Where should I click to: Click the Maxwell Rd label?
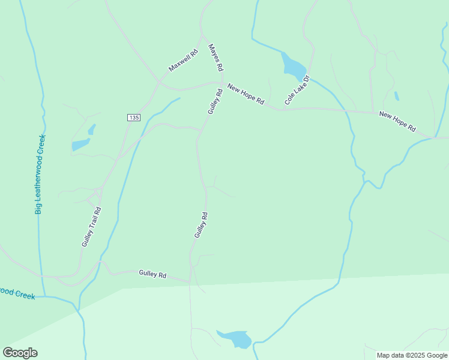[x=183, y=61]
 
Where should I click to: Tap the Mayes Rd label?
[x=215, y=56]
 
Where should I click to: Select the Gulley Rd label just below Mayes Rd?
[x=215, y=101]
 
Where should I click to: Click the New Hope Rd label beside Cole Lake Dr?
[x=246, y=95]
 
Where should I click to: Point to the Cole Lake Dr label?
[x=297, y=91]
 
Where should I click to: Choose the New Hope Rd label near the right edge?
[x=397, y=121]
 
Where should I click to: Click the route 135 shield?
[x=133, y=118]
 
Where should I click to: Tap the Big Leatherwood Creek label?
[x=40, y=174]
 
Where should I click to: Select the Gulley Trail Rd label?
[x=91, y=227]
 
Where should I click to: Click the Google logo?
[x=20, y=353]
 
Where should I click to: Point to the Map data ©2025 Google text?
[x=412, y=355]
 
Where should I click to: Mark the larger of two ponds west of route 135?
[x=80, y=145]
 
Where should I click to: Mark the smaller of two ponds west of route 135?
[x=92, y=129]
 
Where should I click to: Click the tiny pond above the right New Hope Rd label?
[x=396, y=96]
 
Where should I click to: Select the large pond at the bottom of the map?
[x=235, y=339]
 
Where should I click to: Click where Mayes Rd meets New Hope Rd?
[x=223, y=82]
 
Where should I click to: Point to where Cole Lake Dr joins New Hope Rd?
[x=277, y=109]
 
